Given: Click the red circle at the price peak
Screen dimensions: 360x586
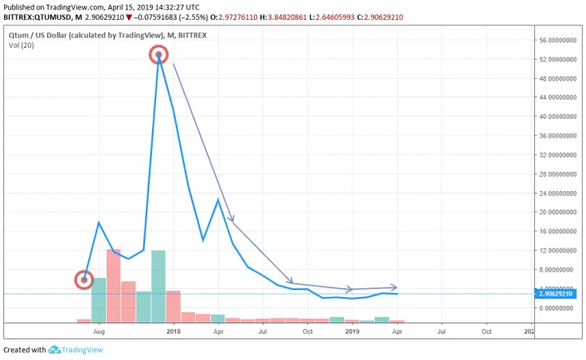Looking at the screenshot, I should [x=158, y=55].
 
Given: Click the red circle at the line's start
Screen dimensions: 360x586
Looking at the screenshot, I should [x=84, y=280].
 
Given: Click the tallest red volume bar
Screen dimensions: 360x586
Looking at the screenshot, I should [x=114, y=285].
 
